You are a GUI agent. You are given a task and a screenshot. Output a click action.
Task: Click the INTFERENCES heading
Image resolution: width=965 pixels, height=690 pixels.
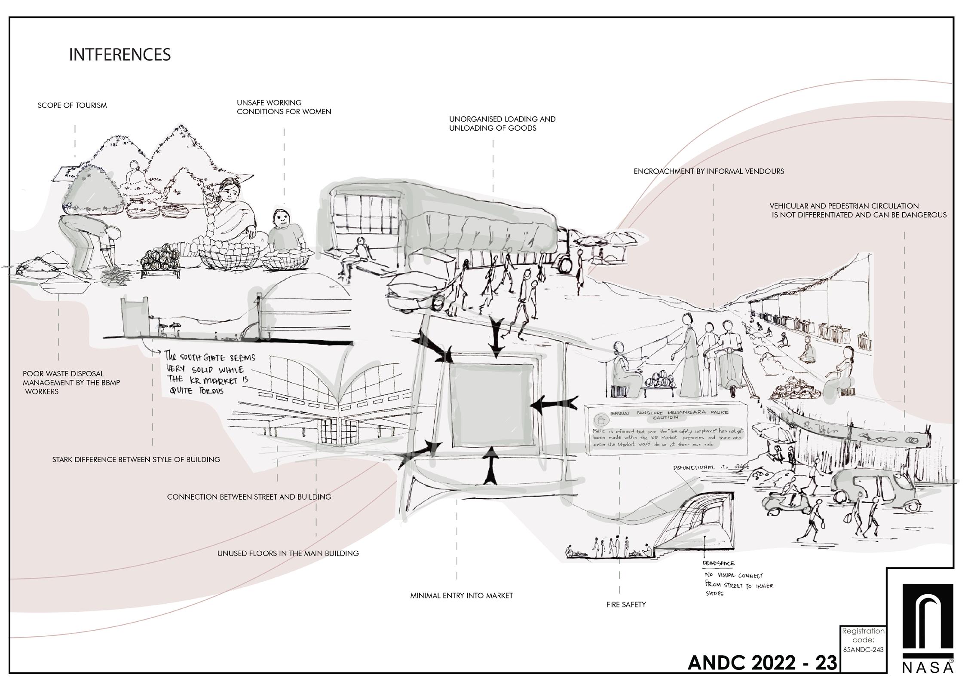(x=120, y=55)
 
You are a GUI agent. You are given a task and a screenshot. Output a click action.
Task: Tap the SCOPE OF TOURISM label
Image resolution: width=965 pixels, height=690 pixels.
(x=72, y=105)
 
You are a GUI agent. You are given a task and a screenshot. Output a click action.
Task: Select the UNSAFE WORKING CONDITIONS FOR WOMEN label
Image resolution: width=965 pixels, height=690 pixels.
(x=284, y=107)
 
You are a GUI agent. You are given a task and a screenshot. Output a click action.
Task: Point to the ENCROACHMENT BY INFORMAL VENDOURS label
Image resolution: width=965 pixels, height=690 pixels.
(x=709, y=171)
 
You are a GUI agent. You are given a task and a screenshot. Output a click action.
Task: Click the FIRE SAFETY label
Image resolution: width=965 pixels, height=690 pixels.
(x=626, y=605)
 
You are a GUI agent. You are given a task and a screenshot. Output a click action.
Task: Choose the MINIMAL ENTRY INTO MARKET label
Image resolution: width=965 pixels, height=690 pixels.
(x=462, y=595)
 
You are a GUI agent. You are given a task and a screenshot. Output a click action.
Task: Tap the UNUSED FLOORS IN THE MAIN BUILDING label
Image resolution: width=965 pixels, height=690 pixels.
(x=288, y=553)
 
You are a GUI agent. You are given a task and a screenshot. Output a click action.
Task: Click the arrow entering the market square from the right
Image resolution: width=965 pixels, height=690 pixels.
(x=554, y=403)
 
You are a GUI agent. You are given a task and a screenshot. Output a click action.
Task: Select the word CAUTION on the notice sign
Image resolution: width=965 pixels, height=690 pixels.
(x=666, y=417)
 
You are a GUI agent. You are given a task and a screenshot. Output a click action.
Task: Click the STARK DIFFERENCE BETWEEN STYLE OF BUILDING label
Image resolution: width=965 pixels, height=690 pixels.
(x=136, y=460)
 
